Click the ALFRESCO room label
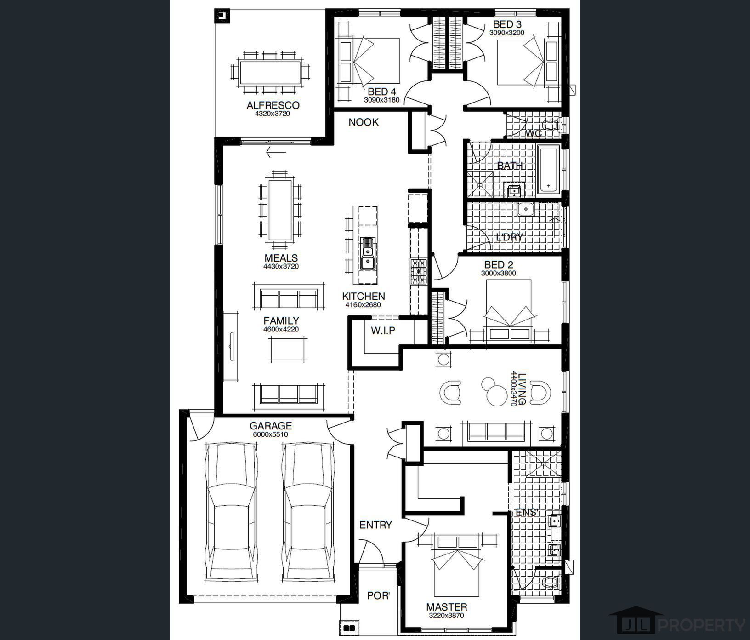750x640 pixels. (x=273, y=105)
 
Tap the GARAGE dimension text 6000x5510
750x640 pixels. (x=270, y=434)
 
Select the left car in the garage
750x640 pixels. (x=231, y=511)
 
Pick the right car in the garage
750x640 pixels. (x=307, y=511)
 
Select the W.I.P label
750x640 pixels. (x=383, y=330)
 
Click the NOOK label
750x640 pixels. (x=364, y=122)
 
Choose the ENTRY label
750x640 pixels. (x=375, y=525)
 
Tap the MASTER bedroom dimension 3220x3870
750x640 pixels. (x=446, y=616)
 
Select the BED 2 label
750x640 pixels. (x=499, y=265)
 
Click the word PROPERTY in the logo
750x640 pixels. (x=702, y=625)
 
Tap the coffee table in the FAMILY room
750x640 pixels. (x=288, y=349)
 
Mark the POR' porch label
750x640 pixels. (x=378, y=595)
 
